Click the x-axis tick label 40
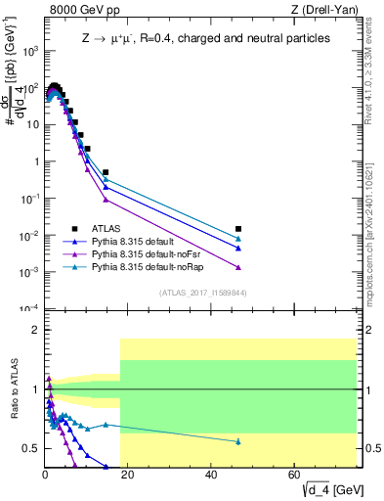coord(212,476)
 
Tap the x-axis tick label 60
coord(295,476)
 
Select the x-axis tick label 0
coord(45,476)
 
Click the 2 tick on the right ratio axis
coord(371,331)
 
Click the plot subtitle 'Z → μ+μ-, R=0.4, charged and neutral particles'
coord(205,38)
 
